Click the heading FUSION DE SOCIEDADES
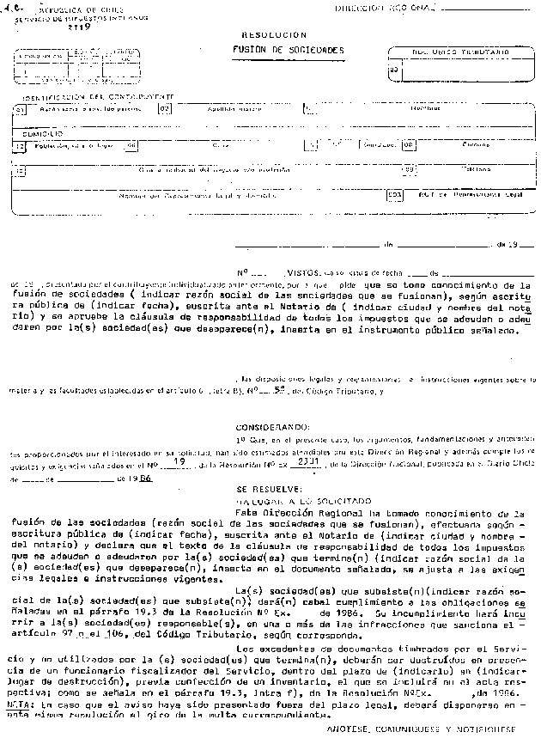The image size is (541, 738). (x=289, y=51)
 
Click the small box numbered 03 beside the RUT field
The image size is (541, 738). (x=393, y=70)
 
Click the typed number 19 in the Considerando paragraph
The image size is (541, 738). (x=179, y=462)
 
